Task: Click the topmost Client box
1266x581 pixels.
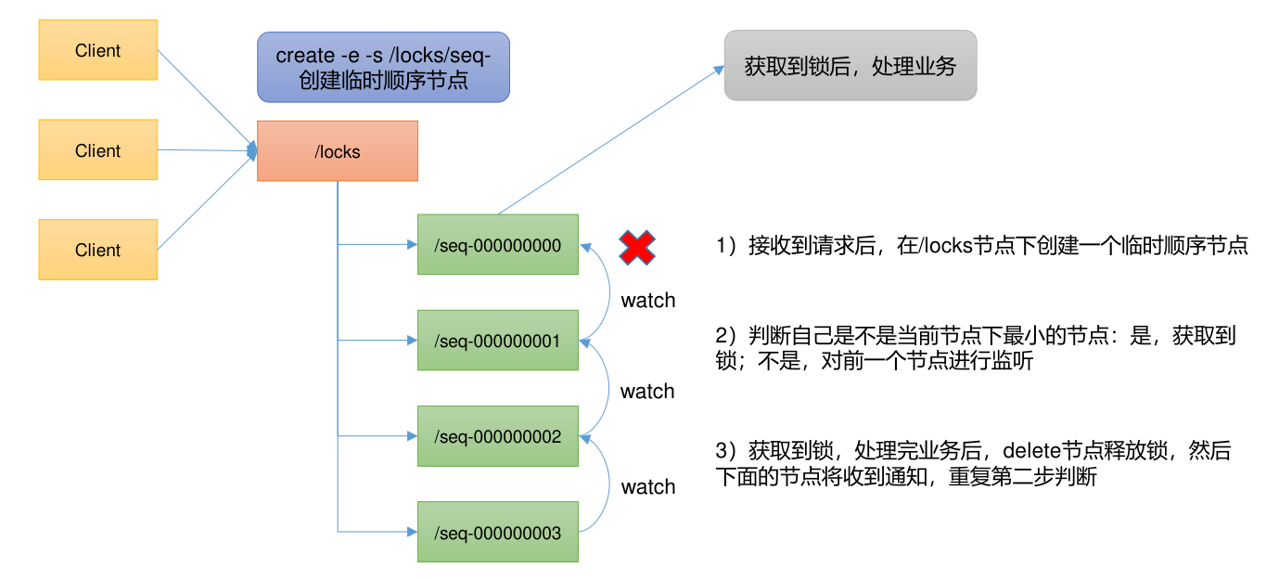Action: click(x=97, y=50)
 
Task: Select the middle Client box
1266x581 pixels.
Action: click(x=97, y=150)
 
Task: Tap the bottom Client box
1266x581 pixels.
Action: click(x=97, y=250)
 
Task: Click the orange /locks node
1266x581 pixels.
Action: click(x=338, y=151)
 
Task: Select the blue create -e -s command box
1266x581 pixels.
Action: click(x=383, y=67)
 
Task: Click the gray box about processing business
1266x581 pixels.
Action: click(x=850, y=66)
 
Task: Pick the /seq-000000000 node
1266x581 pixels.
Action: click(x=497, y=246)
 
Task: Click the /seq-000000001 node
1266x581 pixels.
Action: click(x=497, y=342)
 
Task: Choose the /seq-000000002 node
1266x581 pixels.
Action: click(x=497, y=436)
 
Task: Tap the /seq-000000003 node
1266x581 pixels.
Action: click(x=497, y=533)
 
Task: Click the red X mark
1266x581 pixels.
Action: click(x=637, y=248)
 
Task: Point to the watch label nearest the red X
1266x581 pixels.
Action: click(x=647, y=301)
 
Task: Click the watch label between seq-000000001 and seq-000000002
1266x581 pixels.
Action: click(x=647, y=392)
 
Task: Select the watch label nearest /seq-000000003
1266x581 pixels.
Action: click(x=647, y=487)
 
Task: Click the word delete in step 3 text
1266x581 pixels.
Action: click(x=1029, y=452)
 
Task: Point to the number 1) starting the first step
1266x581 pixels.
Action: click(x=727, y=246)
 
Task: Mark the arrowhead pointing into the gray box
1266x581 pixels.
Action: click(x=719, y=69)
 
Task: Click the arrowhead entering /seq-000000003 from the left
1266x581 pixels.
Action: click(x=412, y=532)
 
